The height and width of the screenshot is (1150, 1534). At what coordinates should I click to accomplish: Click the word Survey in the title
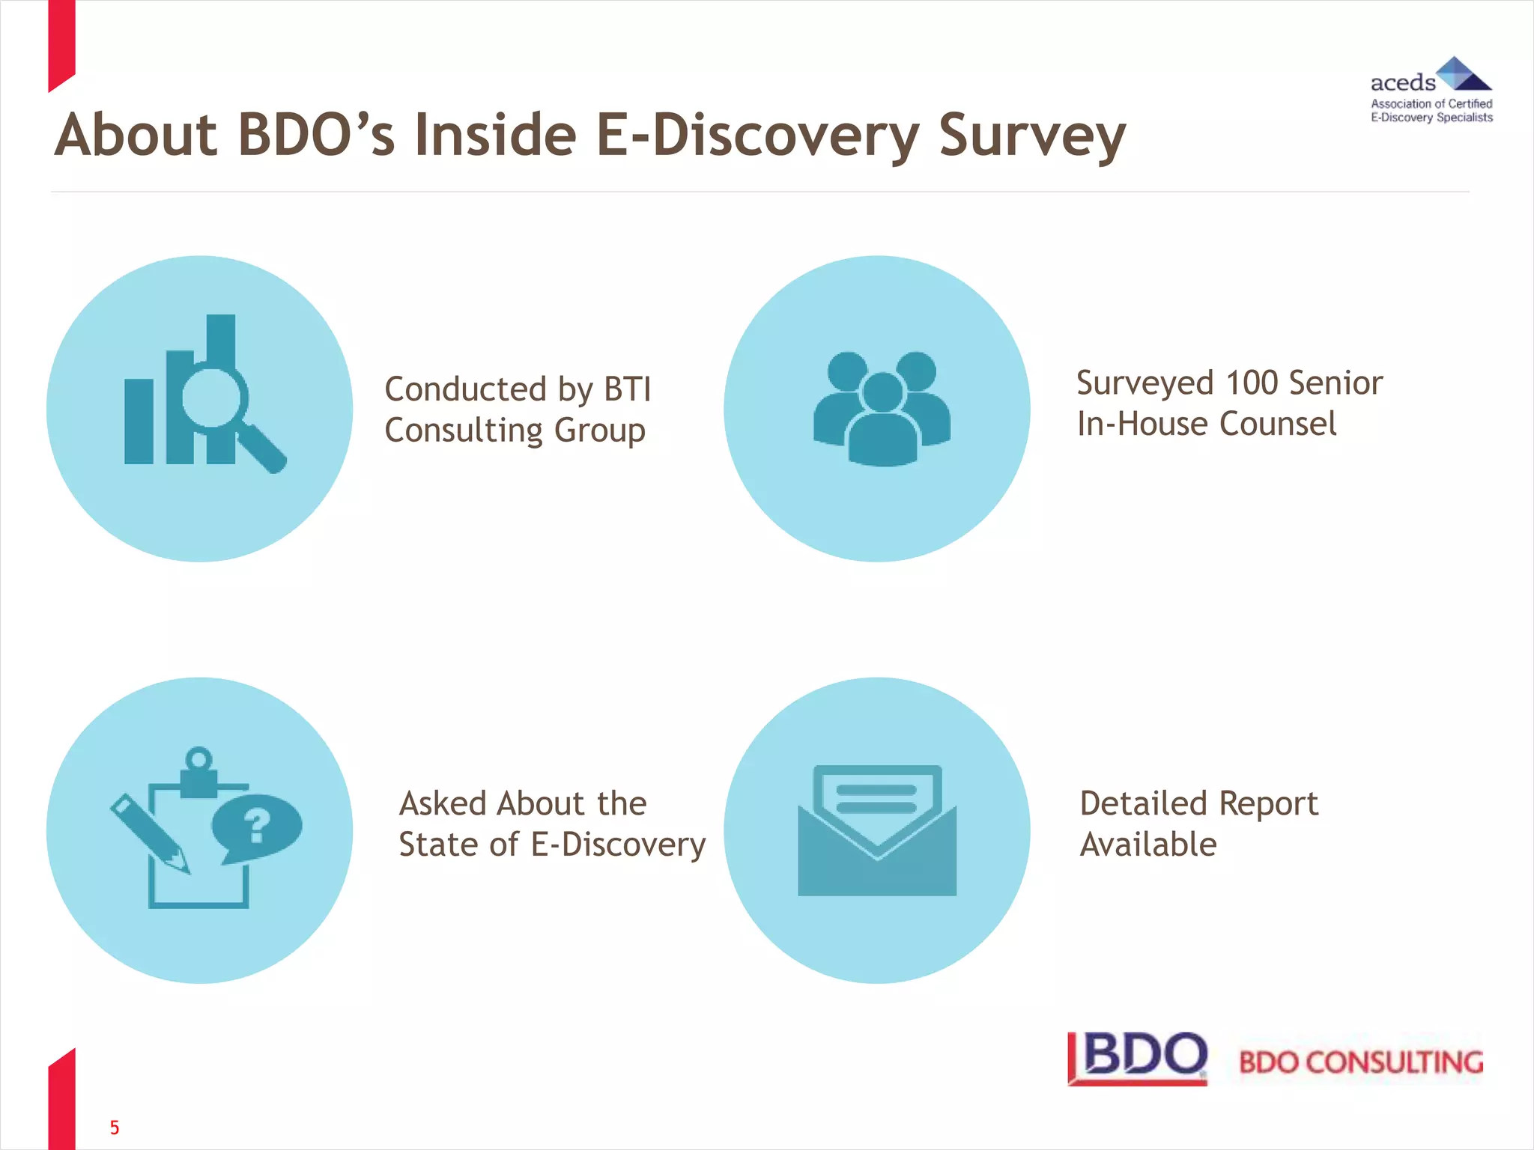coord(1031,137)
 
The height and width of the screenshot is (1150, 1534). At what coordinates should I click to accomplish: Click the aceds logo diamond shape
coord(1461,73)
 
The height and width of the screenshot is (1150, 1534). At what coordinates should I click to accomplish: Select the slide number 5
coord(115,1127)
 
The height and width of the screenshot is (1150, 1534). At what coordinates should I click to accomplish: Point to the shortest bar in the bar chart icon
coord(139,421)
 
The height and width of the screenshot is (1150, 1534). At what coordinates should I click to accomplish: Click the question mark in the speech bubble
coord(256,826)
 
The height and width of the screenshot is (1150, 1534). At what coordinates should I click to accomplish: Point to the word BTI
coord(627,389)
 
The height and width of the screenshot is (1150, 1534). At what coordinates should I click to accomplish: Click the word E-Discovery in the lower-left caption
coord(618,845)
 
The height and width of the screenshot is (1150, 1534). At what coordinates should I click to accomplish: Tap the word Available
coord(1148,845)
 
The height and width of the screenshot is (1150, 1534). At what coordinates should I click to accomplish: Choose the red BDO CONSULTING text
coord(1360,1062)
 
